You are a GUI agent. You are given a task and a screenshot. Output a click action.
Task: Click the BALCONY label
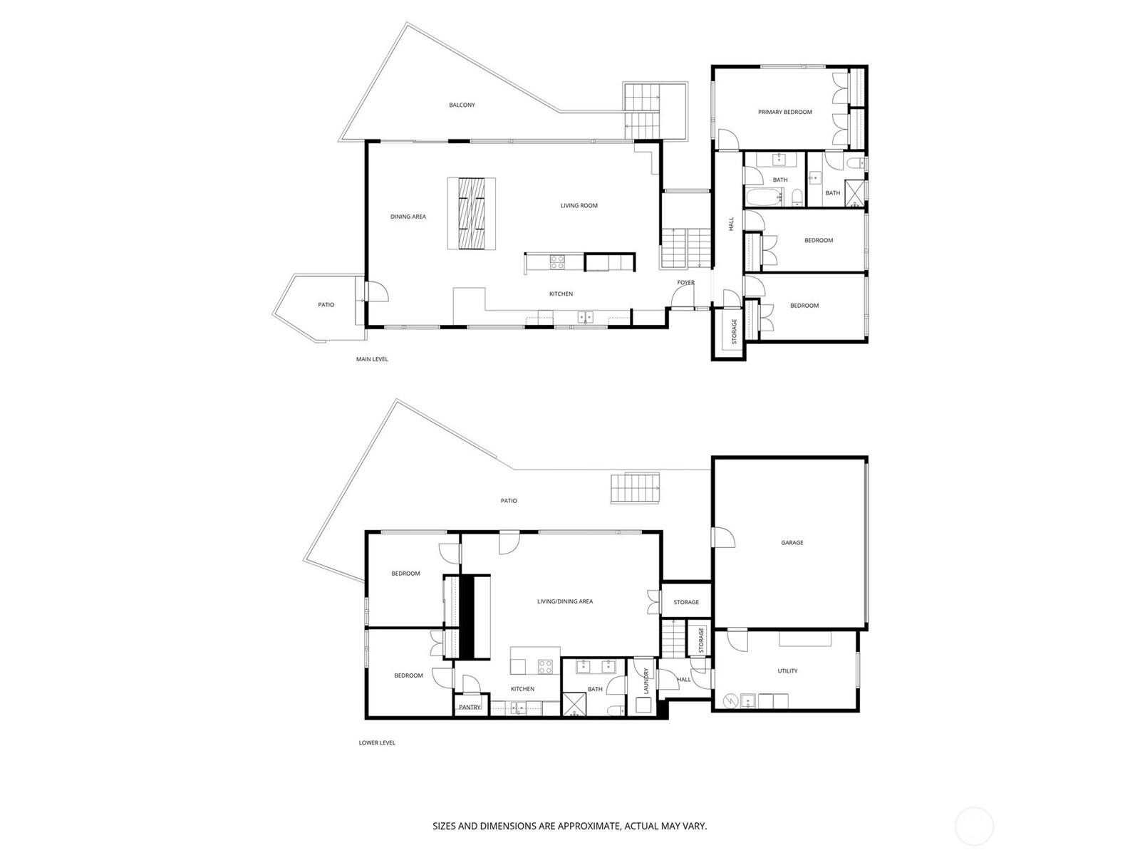(462, 105)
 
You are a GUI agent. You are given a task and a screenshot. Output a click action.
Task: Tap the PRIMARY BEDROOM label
(784, 112)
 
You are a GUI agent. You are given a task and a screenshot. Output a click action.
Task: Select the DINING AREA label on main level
(408, 217)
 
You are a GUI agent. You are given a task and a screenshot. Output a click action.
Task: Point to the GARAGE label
(792, 543)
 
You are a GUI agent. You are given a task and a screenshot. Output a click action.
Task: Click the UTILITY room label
(787, 671)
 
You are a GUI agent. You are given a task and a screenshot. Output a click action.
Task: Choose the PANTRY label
(470, 707)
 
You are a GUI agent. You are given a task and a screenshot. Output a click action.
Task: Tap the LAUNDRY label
(647, 680)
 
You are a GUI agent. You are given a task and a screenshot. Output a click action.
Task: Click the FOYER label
(685, 283)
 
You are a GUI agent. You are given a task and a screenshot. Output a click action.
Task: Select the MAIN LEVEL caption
(372, 359)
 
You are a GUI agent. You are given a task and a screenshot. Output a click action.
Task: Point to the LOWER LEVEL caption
(377, 743)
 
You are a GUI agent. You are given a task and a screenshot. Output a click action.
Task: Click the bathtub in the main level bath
(765, 197)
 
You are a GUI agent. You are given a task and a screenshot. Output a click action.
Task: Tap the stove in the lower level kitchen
(545, 667)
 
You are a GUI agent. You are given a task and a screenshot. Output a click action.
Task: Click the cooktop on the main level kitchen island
(557, 261)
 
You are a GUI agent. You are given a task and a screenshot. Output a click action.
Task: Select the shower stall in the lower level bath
(574, 705)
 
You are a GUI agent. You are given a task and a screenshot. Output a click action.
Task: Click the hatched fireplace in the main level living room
(472, 213)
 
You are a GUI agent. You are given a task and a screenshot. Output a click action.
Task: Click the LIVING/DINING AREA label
(565, 601)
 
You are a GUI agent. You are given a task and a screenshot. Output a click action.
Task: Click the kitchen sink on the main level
(586, 317)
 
